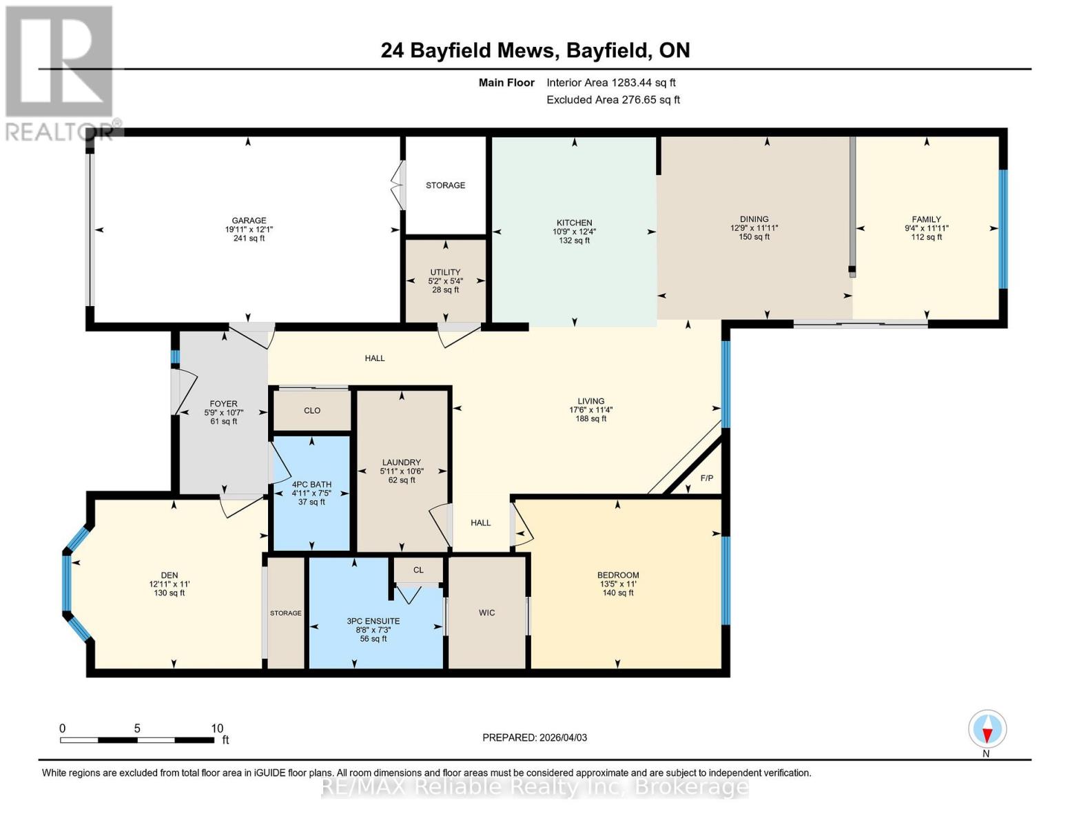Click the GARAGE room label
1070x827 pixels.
click(249, 221)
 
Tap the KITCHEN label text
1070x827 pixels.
click(575, 223)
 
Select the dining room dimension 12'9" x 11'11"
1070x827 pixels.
click(754, 228)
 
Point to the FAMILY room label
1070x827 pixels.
click(927, 219)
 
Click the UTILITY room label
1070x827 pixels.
click(446, 272)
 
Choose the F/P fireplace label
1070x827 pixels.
click(707, 478)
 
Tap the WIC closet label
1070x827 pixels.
click(487, 613)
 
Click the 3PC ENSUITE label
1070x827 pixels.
click(373, 621)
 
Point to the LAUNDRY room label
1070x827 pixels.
click(402, 462)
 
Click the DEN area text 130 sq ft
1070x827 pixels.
click(169, 593)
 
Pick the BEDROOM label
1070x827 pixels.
click(618, 575)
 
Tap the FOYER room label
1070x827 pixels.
click(224, 404)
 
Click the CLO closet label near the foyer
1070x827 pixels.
click(312, 410)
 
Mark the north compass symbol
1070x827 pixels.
click(987, 730)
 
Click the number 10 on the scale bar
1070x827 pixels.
click(217, 728)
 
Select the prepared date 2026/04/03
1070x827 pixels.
click(535, 737)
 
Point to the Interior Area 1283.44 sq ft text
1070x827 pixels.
click(611, 83)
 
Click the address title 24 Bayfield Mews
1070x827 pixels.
click(469, 50)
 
